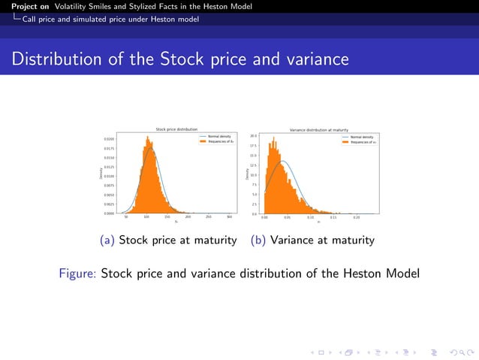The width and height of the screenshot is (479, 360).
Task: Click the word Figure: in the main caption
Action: [77, 273]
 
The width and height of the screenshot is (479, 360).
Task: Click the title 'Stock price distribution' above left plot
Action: [176, 129]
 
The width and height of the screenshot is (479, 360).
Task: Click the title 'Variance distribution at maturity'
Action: [318, 129]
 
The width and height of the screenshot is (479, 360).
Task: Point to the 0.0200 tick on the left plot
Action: [110, 140]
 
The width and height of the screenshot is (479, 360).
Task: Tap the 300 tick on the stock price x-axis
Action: [229, 217]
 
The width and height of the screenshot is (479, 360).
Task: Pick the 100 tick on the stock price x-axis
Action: [146, 217]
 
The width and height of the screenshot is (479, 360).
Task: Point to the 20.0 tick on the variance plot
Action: [254, 136]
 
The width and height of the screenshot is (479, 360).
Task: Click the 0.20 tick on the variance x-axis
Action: [357, 217]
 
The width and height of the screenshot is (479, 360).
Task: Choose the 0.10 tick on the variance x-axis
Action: [310, 217]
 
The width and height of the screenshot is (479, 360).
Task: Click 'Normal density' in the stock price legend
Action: [218, 137]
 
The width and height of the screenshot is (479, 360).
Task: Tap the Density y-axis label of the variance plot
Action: [248, 174]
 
